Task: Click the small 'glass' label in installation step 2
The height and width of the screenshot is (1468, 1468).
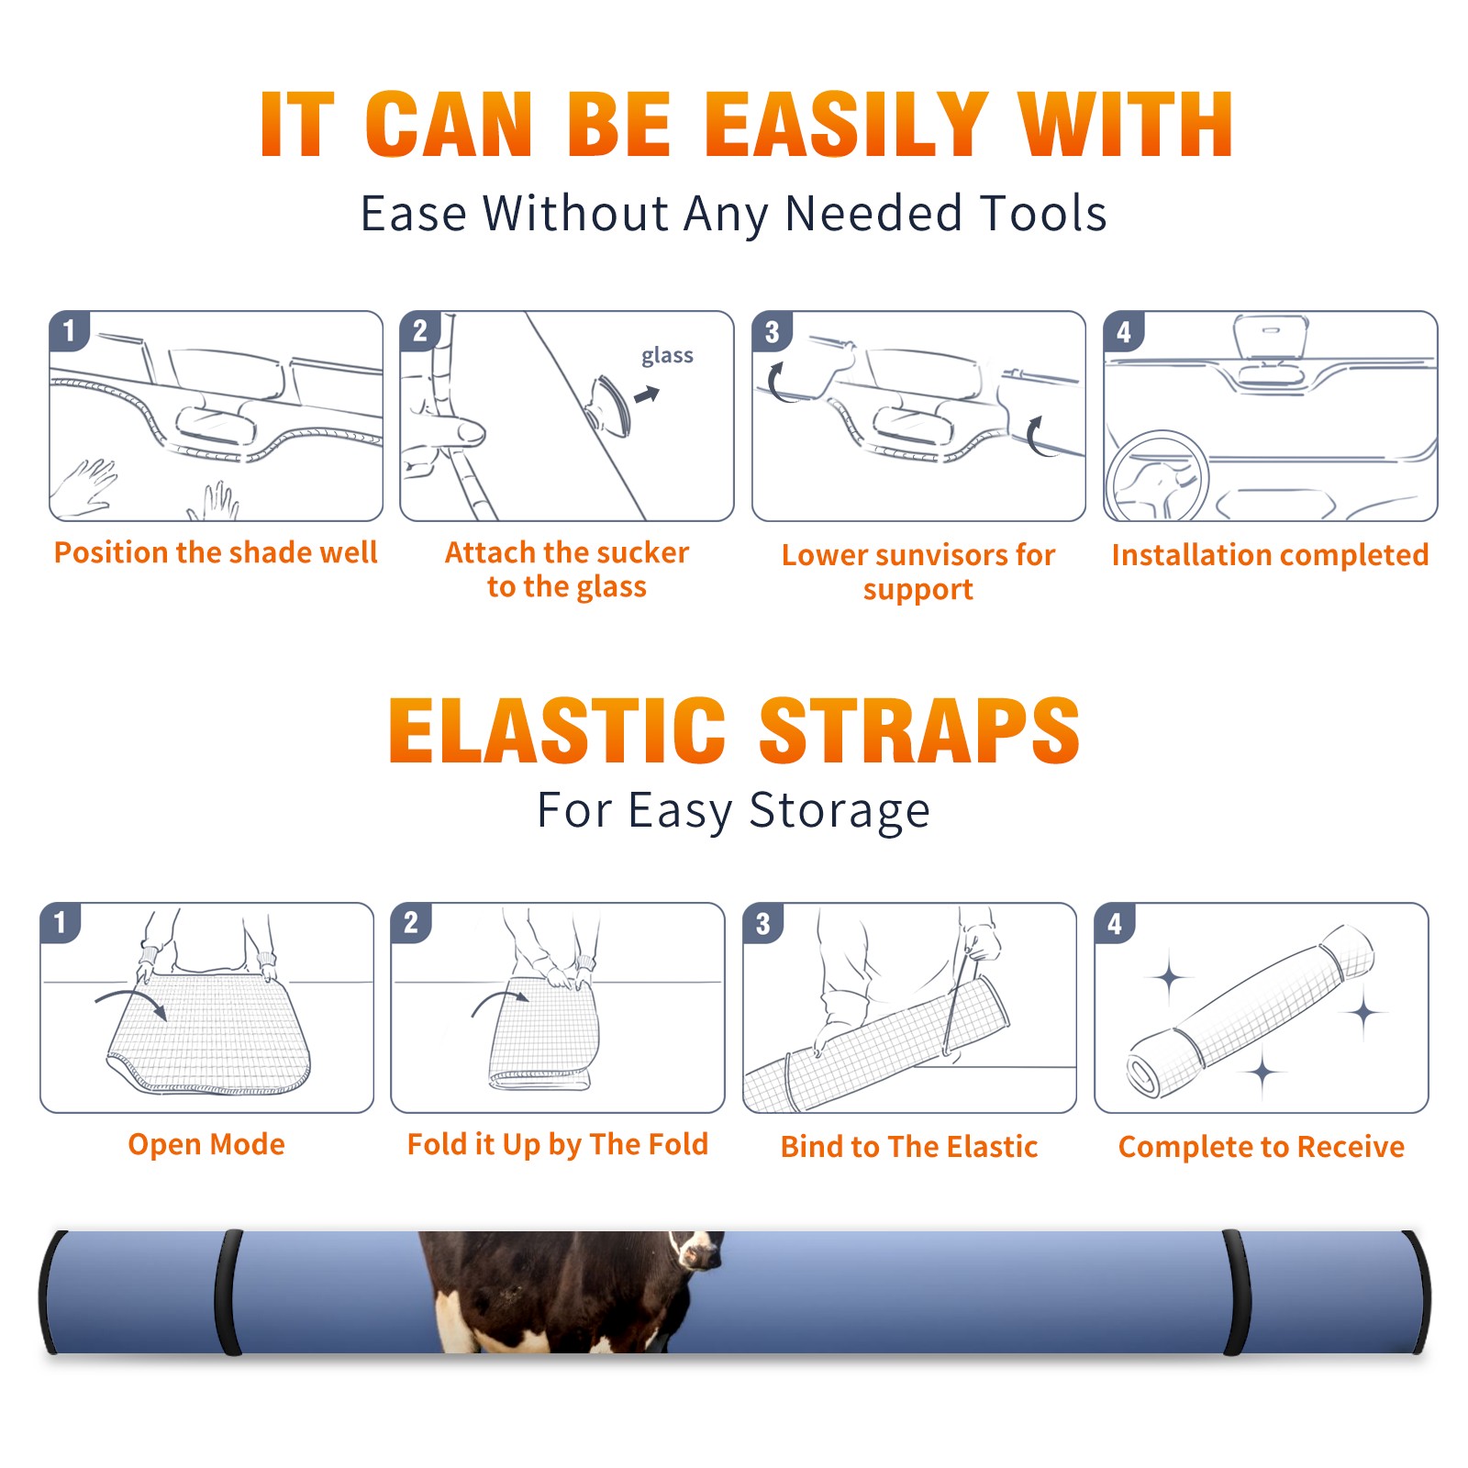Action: (x=667, y=356)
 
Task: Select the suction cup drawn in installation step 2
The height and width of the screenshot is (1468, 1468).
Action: (x=610, y=405)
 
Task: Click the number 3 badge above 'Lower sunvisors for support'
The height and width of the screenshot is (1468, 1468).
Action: (x=772, y=332)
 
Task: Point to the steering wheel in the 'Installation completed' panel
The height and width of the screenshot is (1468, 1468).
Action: (x=1157, y=476)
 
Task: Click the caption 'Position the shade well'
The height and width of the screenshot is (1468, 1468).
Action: (x=216, y=552)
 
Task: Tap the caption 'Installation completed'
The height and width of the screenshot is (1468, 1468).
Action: (x=1270, y=555)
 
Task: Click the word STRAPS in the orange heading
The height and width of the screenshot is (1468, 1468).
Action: (x=919, y=730)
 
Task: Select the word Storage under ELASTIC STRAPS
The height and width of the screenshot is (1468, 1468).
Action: (x=840, y=812)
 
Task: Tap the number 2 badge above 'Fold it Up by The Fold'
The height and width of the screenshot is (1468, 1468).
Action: (x=411, y=923)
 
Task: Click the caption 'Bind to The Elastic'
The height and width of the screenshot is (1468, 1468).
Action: (x=908, y=1147)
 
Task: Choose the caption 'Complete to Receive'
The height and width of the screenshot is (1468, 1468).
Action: (x=1262, y=1147)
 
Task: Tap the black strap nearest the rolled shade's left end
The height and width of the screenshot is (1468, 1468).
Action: (x=229, y=1292)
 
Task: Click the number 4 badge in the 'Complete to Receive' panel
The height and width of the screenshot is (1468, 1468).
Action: (x=1115, y=923)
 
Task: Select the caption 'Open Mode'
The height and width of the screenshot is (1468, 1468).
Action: (x=206, y=1144)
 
